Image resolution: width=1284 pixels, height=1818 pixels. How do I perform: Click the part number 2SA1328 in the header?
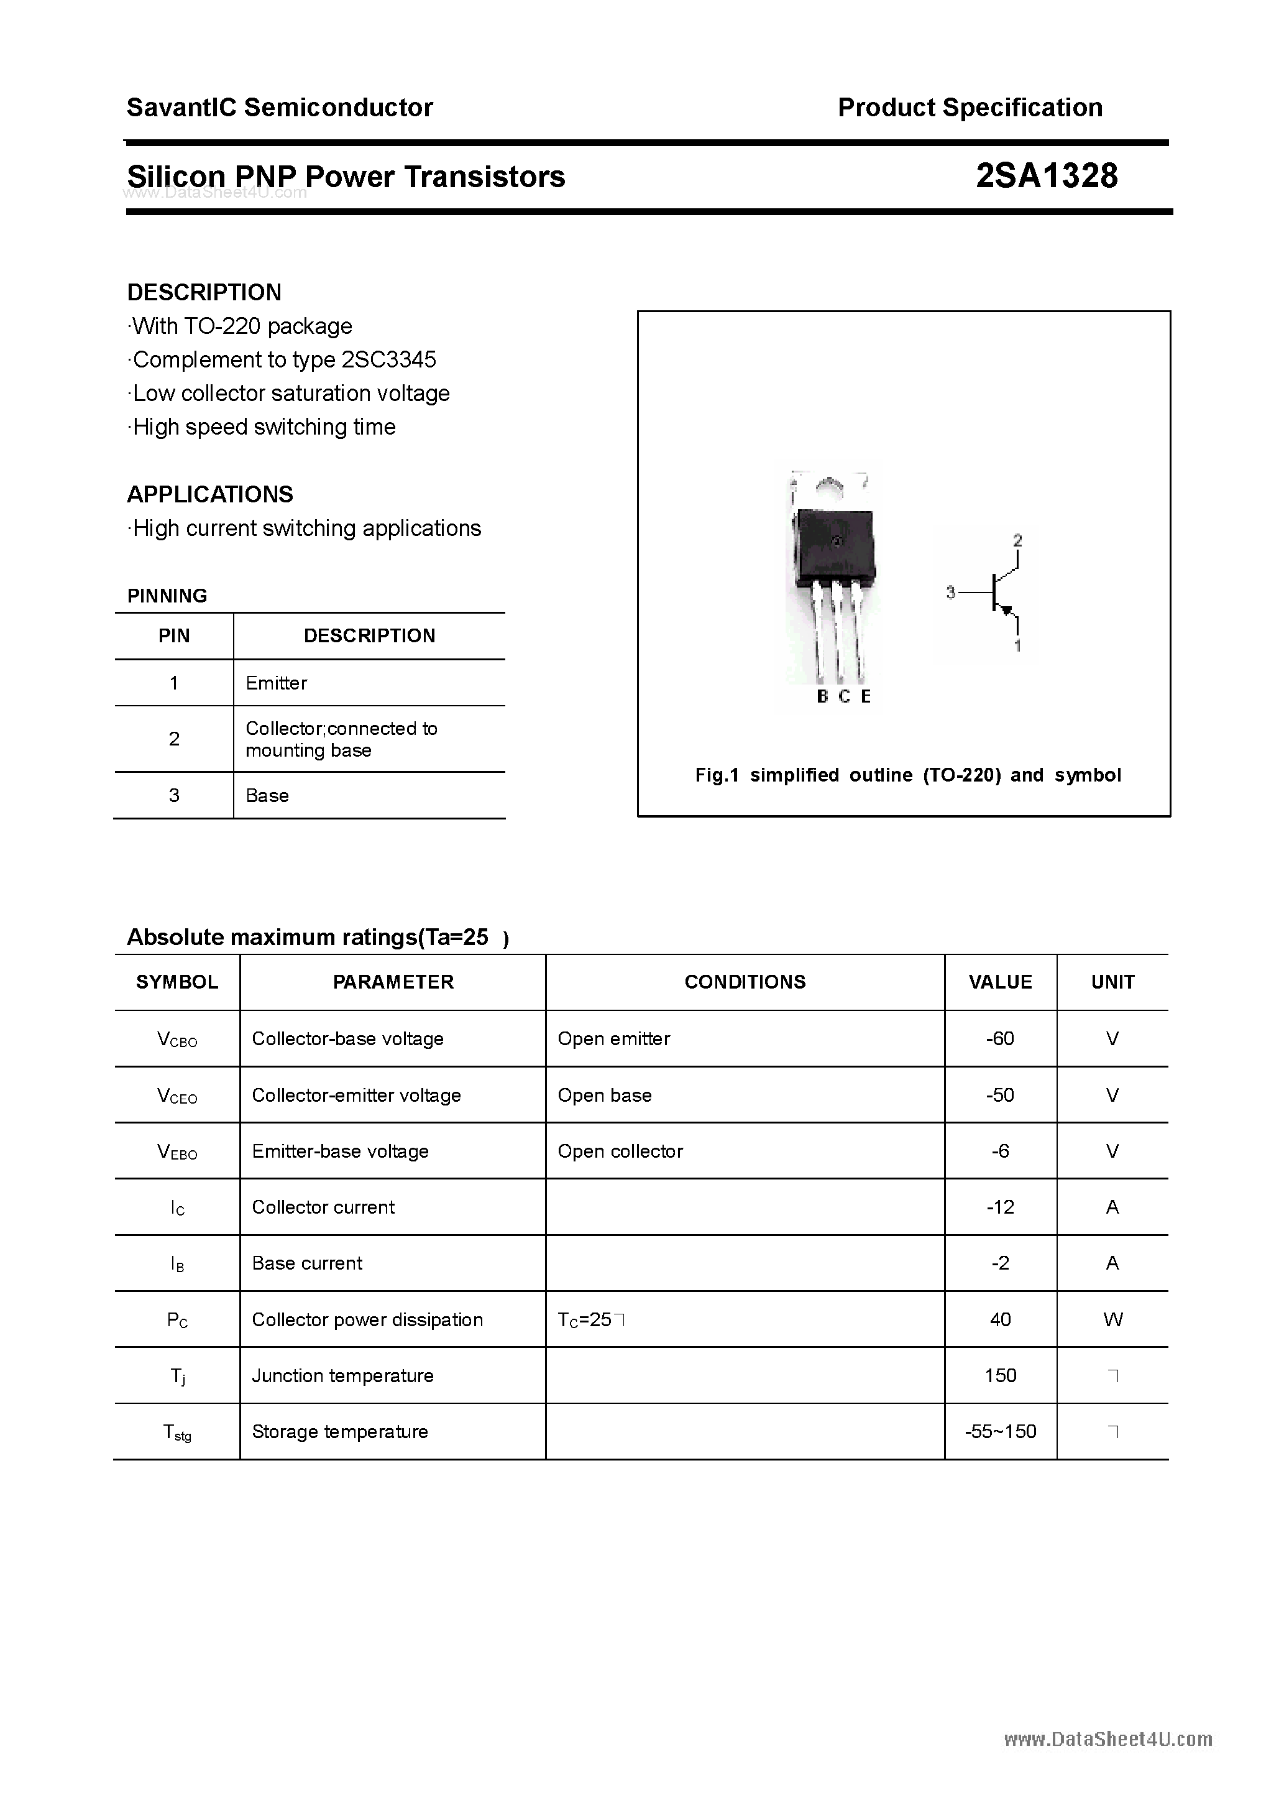click(1046, 176)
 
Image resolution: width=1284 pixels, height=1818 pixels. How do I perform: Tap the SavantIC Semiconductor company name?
click(280, 108)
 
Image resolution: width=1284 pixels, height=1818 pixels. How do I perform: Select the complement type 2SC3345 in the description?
click(388, 359)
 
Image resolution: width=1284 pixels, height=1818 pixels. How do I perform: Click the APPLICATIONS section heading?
click(210, 494)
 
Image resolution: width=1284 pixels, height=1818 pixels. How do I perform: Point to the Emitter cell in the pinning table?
click(277, 683)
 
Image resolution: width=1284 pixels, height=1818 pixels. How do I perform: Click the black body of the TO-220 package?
click(835, 547)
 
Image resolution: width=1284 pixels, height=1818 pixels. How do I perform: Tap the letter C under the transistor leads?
click(844, 696)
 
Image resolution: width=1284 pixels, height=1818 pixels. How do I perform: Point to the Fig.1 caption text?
click(907, 775)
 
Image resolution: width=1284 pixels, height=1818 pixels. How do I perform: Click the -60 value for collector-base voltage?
click(1000, 1038)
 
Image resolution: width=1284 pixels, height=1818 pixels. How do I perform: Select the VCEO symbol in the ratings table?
click(177, 1096)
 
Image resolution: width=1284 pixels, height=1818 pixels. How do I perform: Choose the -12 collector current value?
click(1000, 1207)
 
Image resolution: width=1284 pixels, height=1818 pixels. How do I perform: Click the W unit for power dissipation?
click(1112, 1319)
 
